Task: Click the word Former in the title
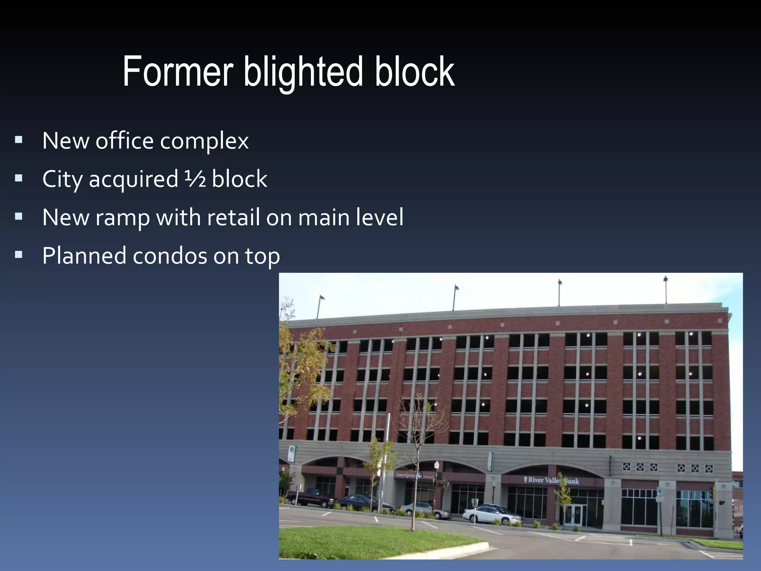tap(178, 71)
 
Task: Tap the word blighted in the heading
tap(303, 72)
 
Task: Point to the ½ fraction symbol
tap(195, 179)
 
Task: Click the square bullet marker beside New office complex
tap(19, 140)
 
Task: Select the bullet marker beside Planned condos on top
tap(19, 255)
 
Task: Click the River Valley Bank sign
tap(551, 480)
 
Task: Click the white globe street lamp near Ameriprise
tap(437, 465)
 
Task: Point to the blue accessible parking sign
tap(659, 492)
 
